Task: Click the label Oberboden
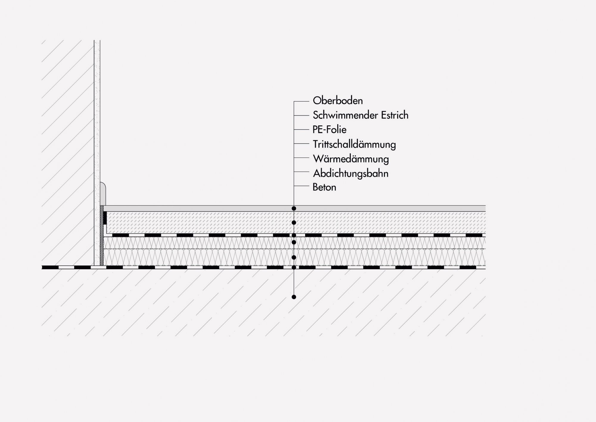coord(338,101)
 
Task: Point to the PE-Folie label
coord(329,130)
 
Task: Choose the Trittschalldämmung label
coord(354,144)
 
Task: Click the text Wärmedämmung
coord(351,159)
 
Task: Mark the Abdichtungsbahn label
coord(350,173)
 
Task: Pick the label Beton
coord(324,187)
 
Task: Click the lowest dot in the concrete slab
coord(294,297)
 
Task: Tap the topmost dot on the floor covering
coord(294,208)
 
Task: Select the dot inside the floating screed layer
coord(294,223)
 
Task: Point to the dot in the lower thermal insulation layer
coord(294,257)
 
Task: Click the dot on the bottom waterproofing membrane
coord(294,267)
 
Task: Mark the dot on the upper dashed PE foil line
coord(294,235)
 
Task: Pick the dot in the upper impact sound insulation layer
coord(294,242)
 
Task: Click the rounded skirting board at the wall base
coord(103,193)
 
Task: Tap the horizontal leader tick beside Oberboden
coord(301,101)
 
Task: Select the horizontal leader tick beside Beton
coord(301,186)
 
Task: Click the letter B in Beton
coord(315,187)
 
